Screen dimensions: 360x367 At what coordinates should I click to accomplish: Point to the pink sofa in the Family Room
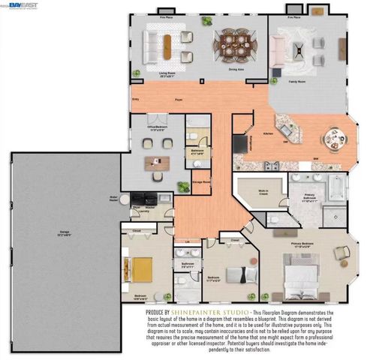pos(279,49)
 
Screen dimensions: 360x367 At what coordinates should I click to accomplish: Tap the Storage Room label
pos(201,181)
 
